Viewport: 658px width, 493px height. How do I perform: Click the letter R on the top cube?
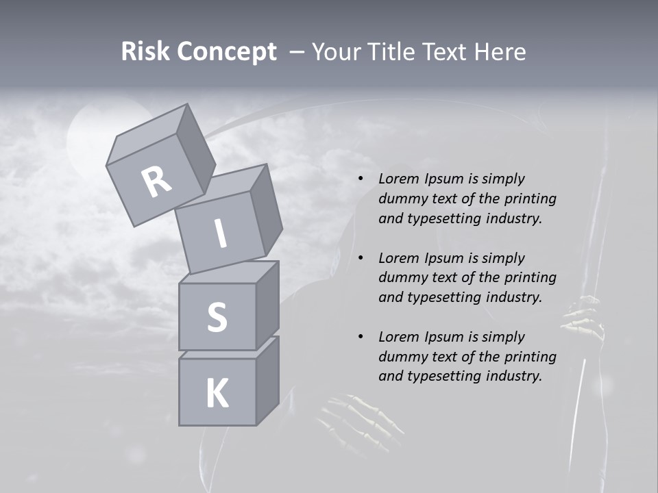pyautogui.click(x=156, y=181)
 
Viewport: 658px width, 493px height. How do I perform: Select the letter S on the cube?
pyautogui.click(x=217, y=317)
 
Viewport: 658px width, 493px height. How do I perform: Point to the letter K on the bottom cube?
pyautogui.click(x=217, y=393)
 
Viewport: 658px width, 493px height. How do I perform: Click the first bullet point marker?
pyautogui.click(x=360, y=179)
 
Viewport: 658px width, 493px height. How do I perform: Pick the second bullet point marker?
pyautogui.click(x=360, y=258)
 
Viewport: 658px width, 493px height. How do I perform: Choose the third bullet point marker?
pyautogui.click(x=360, y=337)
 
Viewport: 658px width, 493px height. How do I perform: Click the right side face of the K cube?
pyautogui.click(x=268, y=380)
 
